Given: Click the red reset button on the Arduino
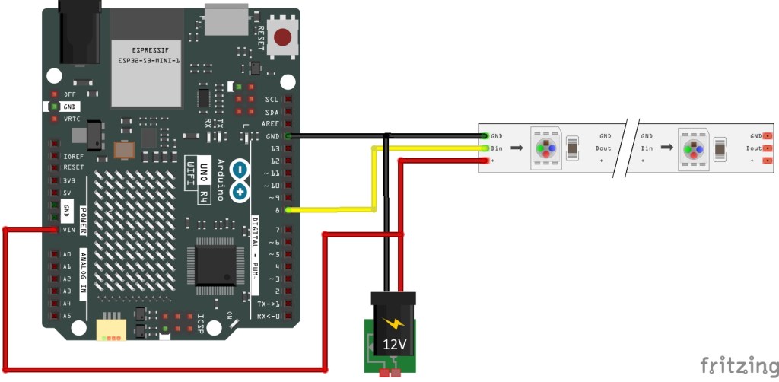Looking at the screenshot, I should (284, 37).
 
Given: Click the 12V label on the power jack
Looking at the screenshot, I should (394, 344).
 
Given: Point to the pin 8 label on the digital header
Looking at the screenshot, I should (277, 209).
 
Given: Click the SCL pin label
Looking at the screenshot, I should (272, 100).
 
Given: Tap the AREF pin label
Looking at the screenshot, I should (270, 123).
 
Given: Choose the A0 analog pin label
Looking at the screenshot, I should (67, 254).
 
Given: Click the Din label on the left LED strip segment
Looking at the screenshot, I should (497, 148).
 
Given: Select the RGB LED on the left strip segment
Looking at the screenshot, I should (545, 148).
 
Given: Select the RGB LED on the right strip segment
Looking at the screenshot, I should (695, 148).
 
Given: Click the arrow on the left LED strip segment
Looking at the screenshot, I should (516, 148).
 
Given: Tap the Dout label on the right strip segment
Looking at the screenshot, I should (753, 148).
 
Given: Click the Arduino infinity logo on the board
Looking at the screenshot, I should (240, 180).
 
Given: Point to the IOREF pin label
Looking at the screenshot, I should (74, 154).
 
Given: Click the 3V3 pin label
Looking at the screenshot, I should (70, 180).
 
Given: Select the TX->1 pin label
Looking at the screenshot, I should (268, 303).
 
